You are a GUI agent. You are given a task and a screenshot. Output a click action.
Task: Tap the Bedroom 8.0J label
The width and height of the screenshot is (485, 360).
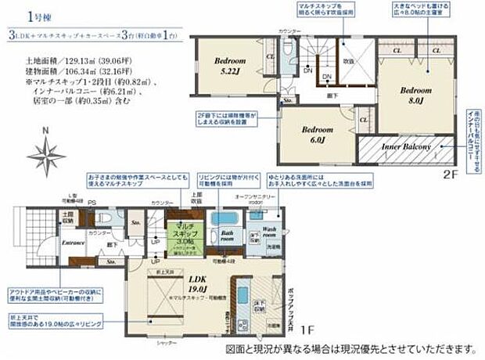click(x=412, y=95)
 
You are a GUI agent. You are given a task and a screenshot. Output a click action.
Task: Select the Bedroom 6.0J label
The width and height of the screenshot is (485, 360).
click(x=317, y=135)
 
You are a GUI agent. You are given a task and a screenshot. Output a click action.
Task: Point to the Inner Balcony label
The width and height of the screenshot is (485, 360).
click(x=407, y=147)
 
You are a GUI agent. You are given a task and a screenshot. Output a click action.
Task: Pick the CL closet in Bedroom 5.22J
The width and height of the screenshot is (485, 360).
click(x=270, y=56)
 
